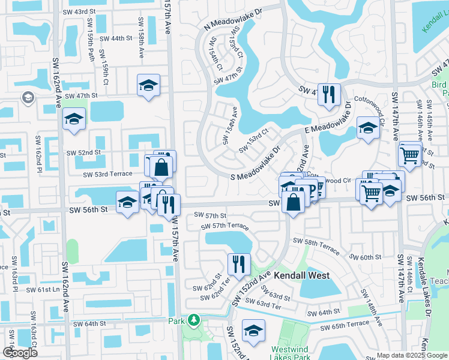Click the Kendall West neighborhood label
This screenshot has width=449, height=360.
[x=303, y=278]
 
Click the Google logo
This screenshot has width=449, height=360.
[x=20, y=353]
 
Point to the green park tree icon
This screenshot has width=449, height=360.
[x=194, y=320]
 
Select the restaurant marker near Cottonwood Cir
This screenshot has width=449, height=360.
[x=328, y=95]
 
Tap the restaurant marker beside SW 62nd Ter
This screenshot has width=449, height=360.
[x=239, y=265]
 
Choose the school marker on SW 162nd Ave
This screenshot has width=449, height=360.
[x=74, y=120]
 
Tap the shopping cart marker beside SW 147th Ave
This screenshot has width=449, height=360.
[x=410, y=156]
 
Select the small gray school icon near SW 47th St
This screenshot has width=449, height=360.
[x=28, y=97]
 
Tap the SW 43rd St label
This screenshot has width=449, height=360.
[x=80, y=12]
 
